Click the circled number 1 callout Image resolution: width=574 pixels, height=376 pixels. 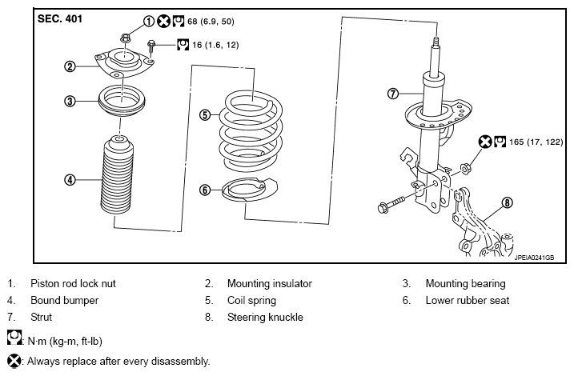(x=148, y=22)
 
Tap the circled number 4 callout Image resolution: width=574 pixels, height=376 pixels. (x=70, y=180)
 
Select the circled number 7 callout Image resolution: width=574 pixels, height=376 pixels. (x=393, y=94)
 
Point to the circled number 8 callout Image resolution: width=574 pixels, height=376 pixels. (x=507, y=202)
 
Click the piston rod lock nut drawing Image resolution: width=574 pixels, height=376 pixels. (x=125, y=38)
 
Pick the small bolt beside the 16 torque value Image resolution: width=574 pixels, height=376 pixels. (x=151, y=47)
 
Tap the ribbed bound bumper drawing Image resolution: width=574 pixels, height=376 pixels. (x=117, y=176)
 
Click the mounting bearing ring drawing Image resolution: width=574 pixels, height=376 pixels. (x=122, y=100)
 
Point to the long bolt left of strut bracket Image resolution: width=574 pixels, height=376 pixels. (x=391, y=205)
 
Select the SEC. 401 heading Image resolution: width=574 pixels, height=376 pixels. (x=60, y=19)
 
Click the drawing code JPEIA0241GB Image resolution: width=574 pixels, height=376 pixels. (x=534, y=258)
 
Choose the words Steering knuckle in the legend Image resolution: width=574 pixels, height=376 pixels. (x=265, y=317)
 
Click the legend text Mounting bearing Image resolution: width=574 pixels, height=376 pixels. (x=465, y=283)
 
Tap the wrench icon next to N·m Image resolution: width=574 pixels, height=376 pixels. (x=14, y=338)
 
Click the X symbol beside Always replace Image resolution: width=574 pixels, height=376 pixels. (x=14, y=361)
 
